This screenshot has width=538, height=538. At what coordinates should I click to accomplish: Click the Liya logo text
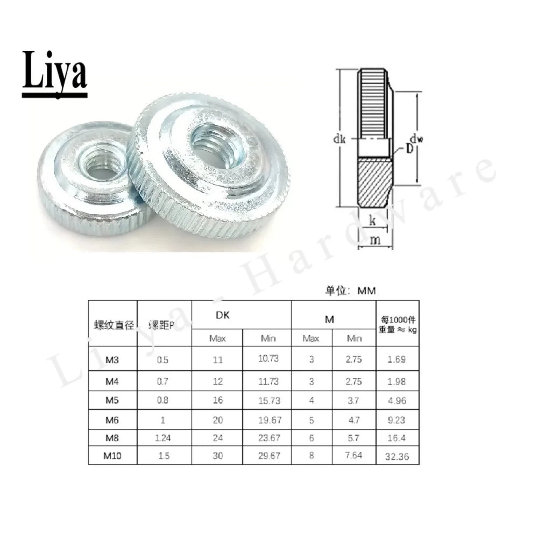click(54, 73)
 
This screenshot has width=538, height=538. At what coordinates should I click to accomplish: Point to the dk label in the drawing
click(339, 139)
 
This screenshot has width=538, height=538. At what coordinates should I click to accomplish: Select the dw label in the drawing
click(416, 139)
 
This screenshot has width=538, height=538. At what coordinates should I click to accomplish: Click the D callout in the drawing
click(409, 148)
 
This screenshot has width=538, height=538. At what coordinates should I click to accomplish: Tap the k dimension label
click(373, 220)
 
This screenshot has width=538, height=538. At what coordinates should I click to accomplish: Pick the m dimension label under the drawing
click(375, 240)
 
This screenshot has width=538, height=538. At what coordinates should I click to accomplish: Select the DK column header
click(222, 315)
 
